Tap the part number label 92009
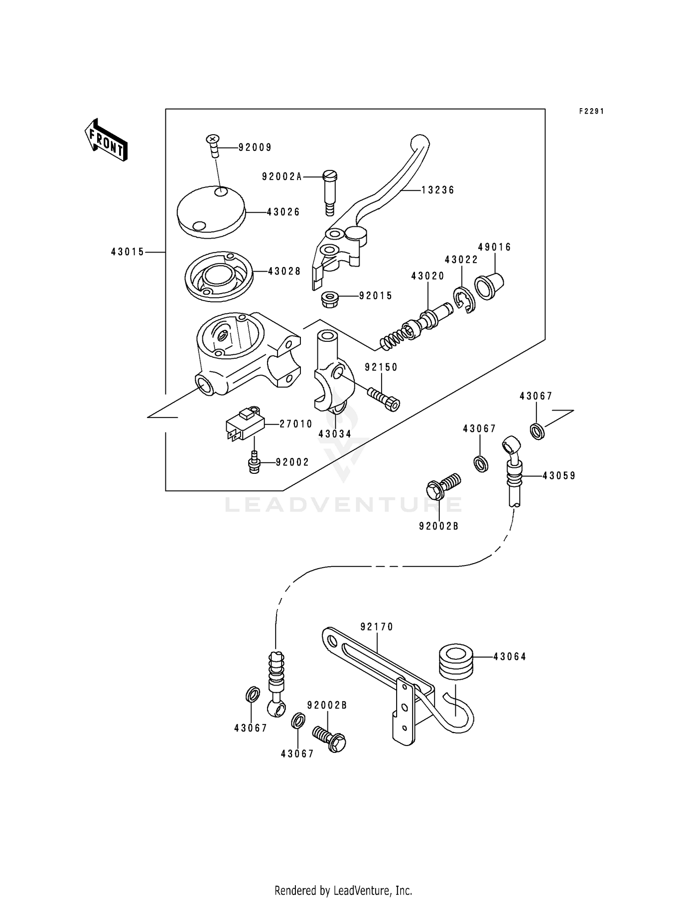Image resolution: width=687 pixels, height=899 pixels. click(x=255, y=148)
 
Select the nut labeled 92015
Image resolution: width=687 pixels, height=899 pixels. click(x=328, y=299)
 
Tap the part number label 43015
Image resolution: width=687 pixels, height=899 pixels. click(x=127, y=252)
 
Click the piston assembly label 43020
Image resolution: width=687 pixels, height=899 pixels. click(x=427, y=276)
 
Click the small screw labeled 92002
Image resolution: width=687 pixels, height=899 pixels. click(x=253, y=463)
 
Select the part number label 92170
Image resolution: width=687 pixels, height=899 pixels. click(x=376, y=627)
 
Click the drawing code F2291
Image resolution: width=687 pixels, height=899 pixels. click(x=591, y=111)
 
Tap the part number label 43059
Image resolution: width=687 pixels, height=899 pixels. click(x=559, y=476)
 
